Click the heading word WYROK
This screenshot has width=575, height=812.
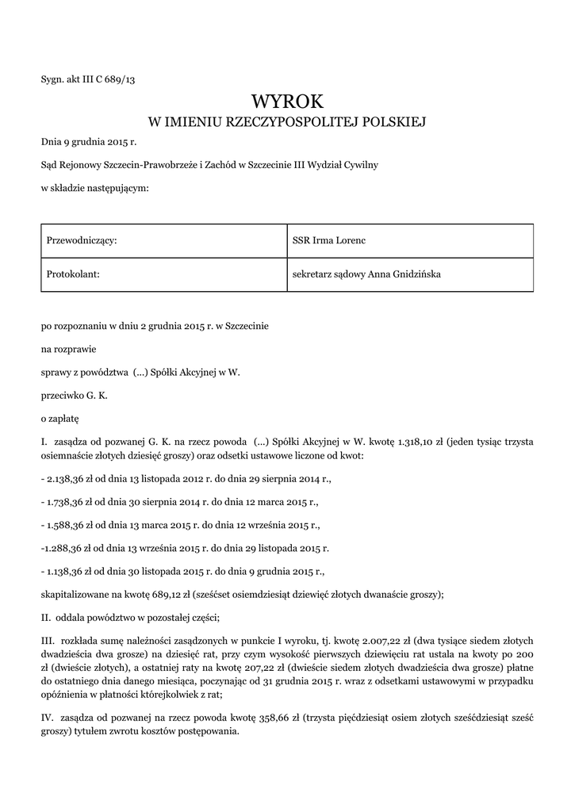(x=287, y=101)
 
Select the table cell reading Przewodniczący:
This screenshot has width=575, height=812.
(x=82, y=240)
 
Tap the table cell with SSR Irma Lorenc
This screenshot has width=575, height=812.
(x=328, y=240)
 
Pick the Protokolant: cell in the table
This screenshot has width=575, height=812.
(x=76, y=274)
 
